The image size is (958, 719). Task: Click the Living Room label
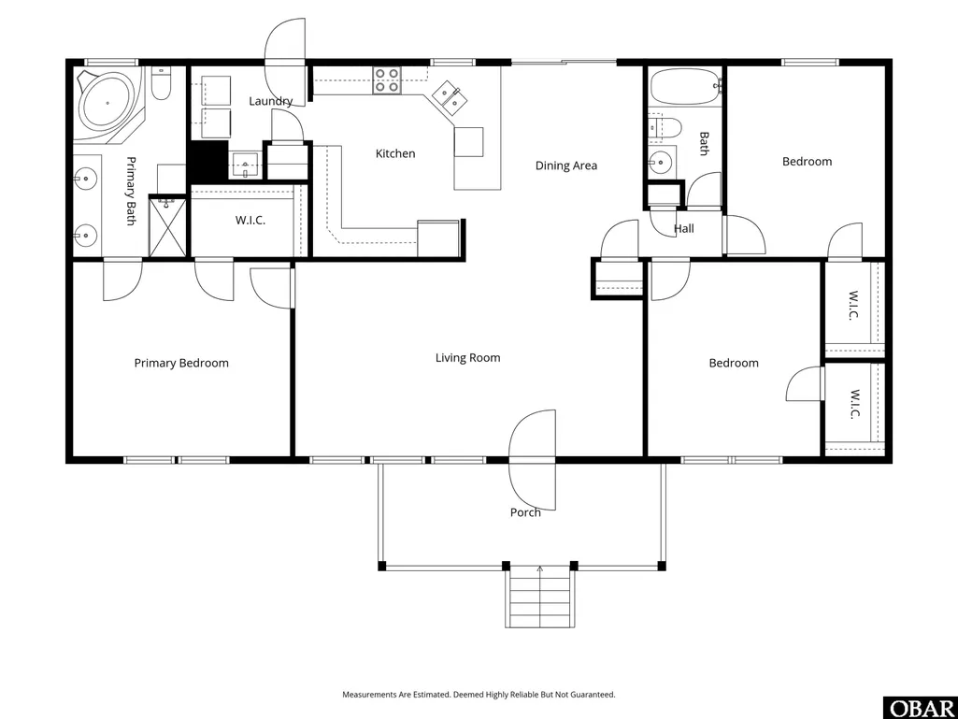467,358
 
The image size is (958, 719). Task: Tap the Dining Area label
566,165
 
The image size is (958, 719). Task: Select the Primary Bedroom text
181,363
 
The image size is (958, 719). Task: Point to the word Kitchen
395,153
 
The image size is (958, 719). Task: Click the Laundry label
271,102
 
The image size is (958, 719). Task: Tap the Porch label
525,512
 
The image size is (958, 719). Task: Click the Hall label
683,229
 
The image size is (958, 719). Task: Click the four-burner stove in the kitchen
387,80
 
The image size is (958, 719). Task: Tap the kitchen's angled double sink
448,98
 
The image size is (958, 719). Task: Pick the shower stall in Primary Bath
167,226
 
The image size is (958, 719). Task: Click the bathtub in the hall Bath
685,88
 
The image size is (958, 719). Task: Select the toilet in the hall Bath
665,127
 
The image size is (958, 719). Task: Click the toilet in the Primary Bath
161,84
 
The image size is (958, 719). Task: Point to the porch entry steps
539,597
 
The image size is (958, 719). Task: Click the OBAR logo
921,708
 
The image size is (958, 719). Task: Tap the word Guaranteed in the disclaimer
593,695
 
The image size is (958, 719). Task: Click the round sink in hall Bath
660,162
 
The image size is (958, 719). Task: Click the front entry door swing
533,460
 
